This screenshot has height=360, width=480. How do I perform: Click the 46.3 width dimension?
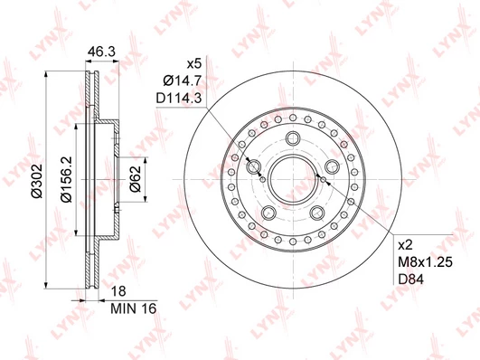pyautogui.click(x=101, y=52)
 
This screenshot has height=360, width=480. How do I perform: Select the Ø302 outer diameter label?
pyautogui.click(x=37, y=181)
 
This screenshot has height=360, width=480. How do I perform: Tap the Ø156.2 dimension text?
pyautogui.click(x=66, y=179)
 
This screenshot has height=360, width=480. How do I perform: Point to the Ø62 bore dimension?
pyautogui.click(x=135, y=178)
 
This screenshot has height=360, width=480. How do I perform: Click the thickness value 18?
pyautogui.click(x=118, y=291)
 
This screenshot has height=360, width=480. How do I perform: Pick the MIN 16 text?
pyautogui.click(x=134, y=308)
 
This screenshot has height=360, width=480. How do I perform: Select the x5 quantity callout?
pyautogui.click(x=194, y=64)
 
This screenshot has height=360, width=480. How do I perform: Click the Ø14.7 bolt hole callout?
pyautogui.click(x=182, y=81)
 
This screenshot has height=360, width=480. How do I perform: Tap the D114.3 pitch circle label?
pyautogui.click(x=179, y=99)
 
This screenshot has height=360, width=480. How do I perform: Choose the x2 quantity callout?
pyautogui.click(x=405, y=245)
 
